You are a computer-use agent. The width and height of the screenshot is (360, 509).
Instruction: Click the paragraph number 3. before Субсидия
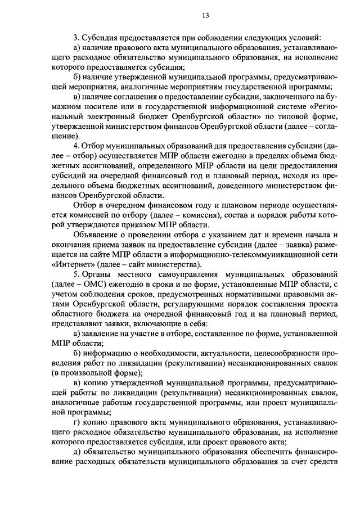tap(76, 37)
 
